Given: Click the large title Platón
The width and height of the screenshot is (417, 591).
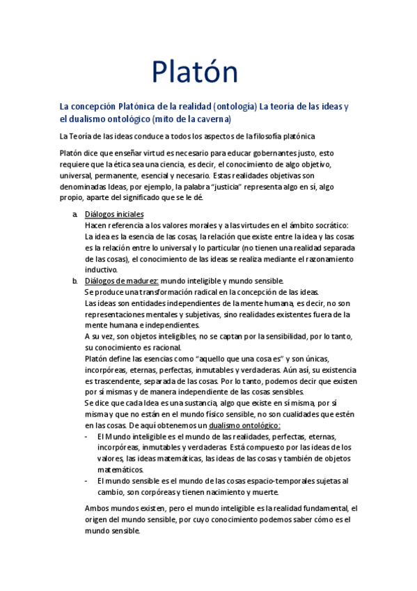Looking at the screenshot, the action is click(x=195, y=72).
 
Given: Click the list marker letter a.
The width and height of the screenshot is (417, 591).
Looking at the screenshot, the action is click(x=74, y=215).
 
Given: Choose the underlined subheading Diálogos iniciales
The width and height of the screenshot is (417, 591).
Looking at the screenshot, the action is click(x=114, y=215).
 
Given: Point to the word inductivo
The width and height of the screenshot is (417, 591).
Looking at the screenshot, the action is click(x=102, y=270).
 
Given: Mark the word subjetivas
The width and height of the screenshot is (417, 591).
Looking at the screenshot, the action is click(x=200, y=314).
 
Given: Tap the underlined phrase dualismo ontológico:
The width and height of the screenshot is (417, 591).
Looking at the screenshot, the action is click(x=244, y=425).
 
